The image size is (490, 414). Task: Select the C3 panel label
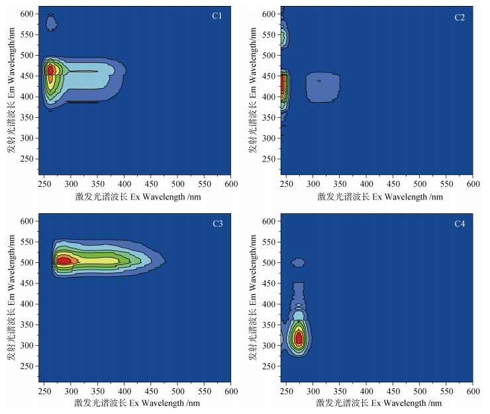click(217, 224)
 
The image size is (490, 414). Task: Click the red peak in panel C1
click(50, 70)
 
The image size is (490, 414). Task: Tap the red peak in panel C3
click(64, 261)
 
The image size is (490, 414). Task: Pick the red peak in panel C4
click(299, 338)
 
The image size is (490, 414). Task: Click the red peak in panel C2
click(283, 84)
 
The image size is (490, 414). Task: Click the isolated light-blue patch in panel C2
click(322, 87)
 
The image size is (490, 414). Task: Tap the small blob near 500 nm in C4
click(299, 262)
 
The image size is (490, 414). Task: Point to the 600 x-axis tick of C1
click(230, 183)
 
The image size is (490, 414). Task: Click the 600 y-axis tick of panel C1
click(28, 14)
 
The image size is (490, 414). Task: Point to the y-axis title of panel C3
click(11, 300)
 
